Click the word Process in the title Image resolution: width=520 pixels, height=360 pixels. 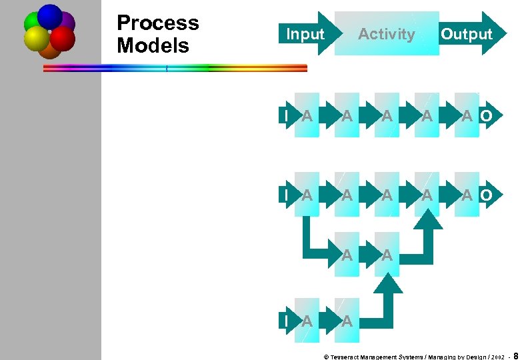(x=157, y=23)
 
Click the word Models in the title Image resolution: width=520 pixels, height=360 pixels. (x=153, y=46)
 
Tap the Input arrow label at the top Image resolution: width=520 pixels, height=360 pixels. (x=305, y=34)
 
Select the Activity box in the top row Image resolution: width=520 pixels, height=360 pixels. (x=387, y=33)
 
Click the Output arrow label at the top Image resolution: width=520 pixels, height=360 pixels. (x=467, y=34)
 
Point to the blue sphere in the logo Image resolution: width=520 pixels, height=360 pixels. (x=50, y=15)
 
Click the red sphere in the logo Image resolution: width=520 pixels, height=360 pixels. (x=63, y=38)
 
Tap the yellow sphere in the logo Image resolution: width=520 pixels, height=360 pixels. (x=36, y=39)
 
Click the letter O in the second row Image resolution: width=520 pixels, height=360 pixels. (x=487, y=116)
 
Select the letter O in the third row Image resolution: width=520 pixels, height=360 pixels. (x=487, y=195)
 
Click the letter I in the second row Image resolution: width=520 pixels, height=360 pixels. (x=285, y=116)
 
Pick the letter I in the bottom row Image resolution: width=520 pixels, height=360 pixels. (x=285, y=321)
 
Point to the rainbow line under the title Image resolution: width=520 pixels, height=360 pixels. (x=175, y=67)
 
